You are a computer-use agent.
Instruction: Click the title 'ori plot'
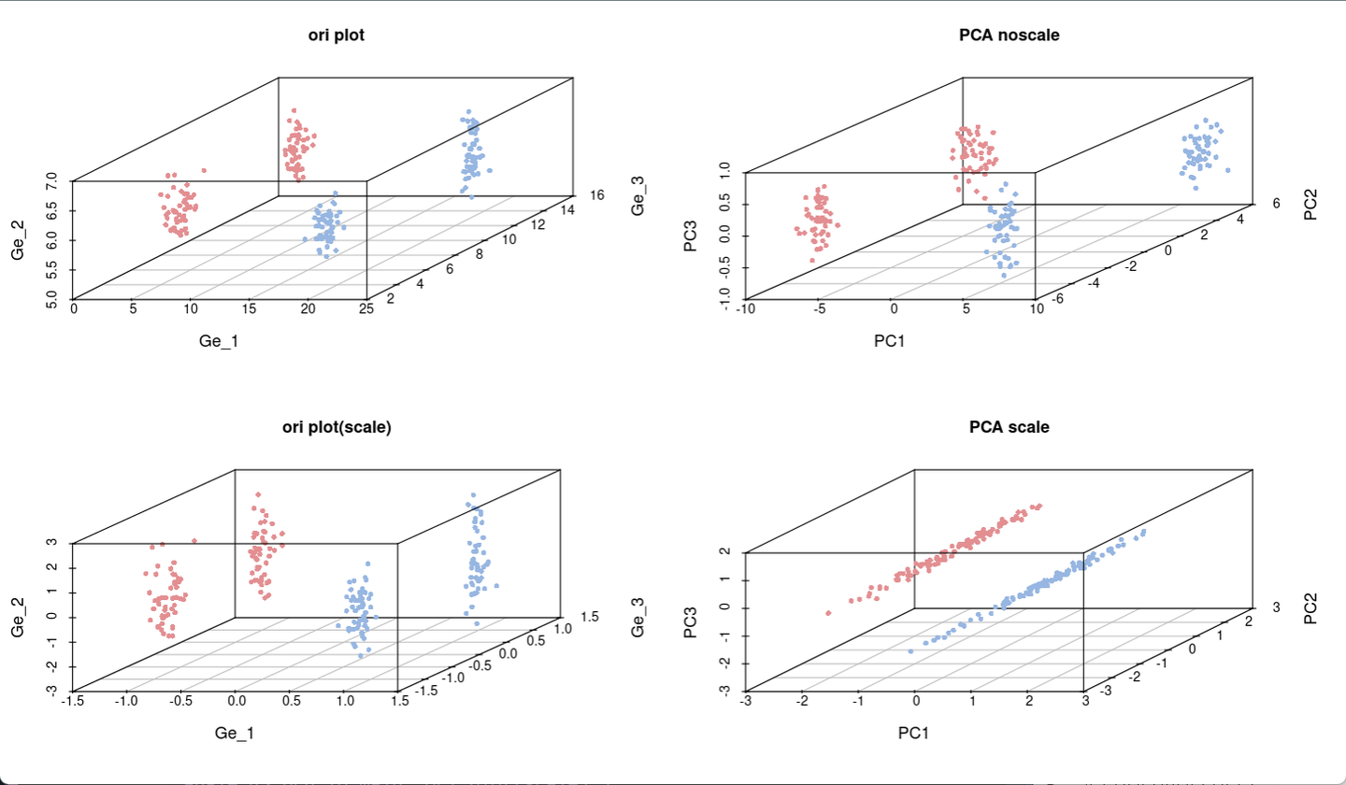(336, 36)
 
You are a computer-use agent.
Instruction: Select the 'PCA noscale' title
(1009, 36)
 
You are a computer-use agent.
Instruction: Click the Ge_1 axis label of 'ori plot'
(219, 341)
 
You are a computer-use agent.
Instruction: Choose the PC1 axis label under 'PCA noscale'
(890, 341)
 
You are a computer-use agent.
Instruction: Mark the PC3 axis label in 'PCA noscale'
(691, 235)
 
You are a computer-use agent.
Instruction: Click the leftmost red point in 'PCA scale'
(828, 613)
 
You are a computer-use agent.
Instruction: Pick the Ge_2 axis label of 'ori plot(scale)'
(17, 618)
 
